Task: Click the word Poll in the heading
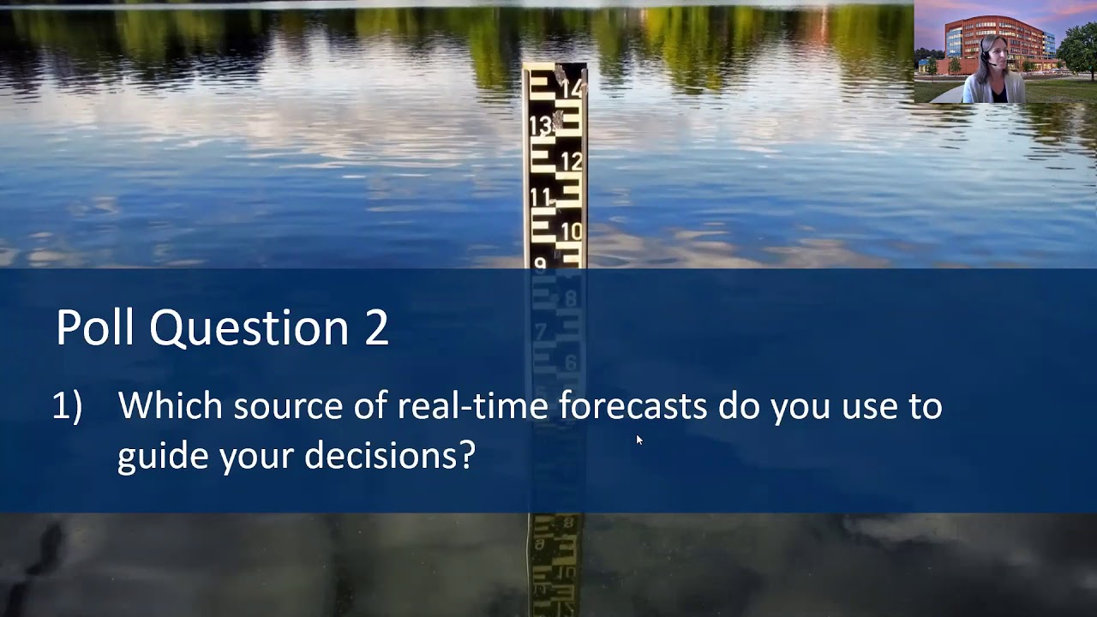coord(95,327)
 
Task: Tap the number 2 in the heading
coord(376,328)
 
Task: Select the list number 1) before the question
coord(67,406)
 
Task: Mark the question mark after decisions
coord(468,455)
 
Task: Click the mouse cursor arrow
coord(639,440)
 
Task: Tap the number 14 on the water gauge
coord(571,87)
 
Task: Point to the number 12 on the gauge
coord(572,161)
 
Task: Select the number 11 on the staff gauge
coord(541,198)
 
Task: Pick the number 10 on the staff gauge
coord(572,231)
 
